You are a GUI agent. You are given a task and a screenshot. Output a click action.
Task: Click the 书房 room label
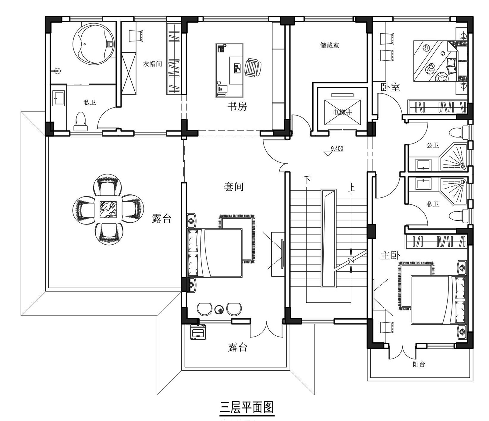(x=237, y=107)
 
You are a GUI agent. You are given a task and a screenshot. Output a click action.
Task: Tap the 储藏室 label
(x=329, y=45)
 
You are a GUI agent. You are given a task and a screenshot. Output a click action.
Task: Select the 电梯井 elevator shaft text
(x=342, y=112)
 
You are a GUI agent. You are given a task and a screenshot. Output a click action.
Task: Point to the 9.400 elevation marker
(x=337, y=149)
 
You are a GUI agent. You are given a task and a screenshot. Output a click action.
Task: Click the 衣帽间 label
(x=152, y=64)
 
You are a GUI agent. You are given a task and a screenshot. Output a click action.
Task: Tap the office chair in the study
(x=253, y=68)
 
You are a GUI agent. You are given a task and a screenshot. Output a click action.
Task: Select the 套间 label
(x=234, y=187)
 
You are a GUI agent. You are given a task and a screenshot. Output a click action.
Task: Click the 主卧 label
(x=390, y=255)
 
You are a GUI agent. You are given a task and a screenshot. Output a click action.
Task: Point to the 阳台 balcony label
(x=419, y=364)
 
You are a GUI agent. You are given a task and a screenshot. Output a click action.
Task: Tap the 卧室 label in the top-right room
(x=390, y=87)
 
